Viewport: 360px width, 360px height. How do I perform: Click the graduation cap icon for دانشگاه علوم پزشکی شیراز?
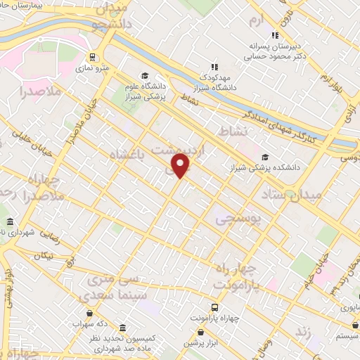click(144, 76)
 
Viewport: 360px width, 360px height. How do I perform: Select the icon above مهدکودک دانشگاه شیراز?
click(214, 66)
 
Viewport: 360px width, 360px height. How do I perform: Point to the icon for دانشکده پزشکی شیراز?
click(265, 157)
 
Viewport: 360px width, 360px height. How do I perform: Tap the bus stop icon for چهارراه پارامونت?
click(214, 307)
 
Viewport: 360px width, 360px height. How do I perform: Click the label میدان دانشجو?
click(110, 18)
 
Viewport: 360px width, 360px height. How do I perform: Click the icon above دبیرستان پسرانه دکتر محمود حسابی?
click(275, 35)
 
